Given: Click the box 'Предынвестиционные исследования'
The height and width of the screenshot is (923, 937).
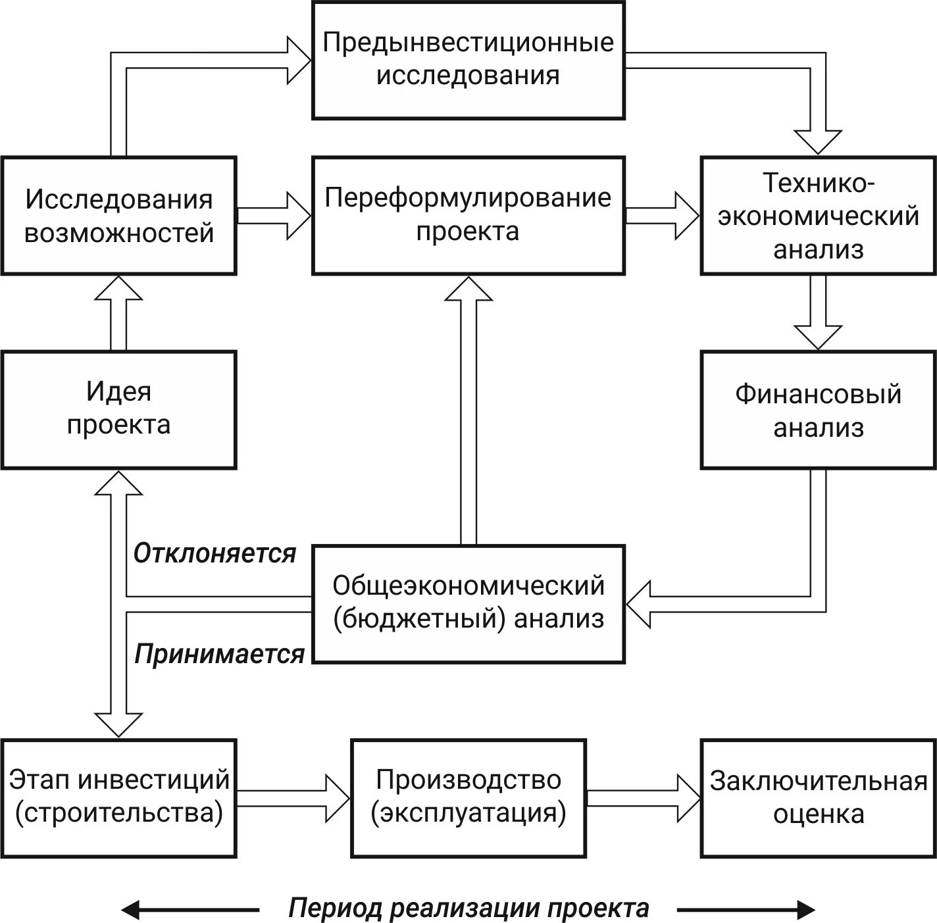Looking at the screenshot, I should tap(468, 60).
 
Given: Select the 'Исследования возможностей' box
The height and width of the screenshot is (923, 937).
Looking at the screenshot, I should tap(118, 216).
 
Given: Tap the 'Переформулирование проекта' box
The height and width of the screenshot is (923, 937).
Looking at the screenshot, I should tap(468, 216).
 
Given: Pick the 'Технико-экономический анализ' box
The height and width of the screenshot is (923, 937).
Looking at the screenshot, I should tap(818, 216).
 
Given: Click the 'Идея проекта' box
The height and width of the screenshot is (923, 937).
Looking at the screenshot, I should tap(118, 409).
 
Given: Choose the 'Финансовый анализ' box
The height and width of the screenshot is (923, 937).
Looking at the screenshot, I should tap(818, 409).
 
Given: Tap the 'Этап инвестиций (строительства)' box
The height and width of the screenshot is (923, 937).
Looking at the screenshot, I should tap(118, 797).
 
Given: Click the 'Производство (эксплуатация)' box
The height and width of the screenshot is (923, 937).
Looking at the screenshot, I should tap(468, 797).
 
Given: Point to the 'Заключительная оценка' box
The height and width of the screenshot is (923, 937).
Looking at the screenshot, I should tap(818, 797).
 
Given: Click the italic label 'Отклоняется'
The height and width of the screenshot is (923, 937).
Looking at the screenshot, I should tap(215, 554).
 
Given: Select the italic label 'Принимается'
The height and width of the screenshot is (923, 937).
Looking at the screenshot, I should tap(219, 655).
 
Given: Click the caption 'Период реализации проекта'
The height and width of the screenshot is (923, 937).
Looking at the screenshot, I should tap(468, 909).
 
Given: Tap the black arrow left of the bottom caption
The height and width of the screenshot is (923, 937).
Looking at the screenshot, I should tap(190, 910).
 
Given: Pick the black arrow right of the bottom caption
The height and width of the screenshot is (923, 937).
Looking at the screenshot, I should tap(746, 910).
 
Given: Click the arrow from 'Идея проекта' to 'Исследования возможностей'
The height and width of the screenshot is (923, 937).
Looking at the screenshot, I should tap(118, 313).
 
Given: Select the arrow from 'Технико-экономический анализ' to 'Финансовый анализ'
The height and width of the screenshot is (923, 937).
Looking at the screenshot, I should tap(818, 312).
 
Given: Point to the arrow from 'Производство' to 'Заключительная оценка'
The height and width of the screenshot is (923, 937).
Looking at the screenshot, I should tap(644, 797).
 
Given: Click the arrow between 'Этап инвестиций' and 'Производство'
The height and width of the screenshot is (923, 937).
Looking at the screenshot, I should tap(293, 797).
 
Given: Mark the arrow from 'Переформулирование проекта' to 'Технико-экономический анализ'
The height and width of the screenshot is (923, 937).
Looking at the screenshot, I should tap(662, 216).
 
